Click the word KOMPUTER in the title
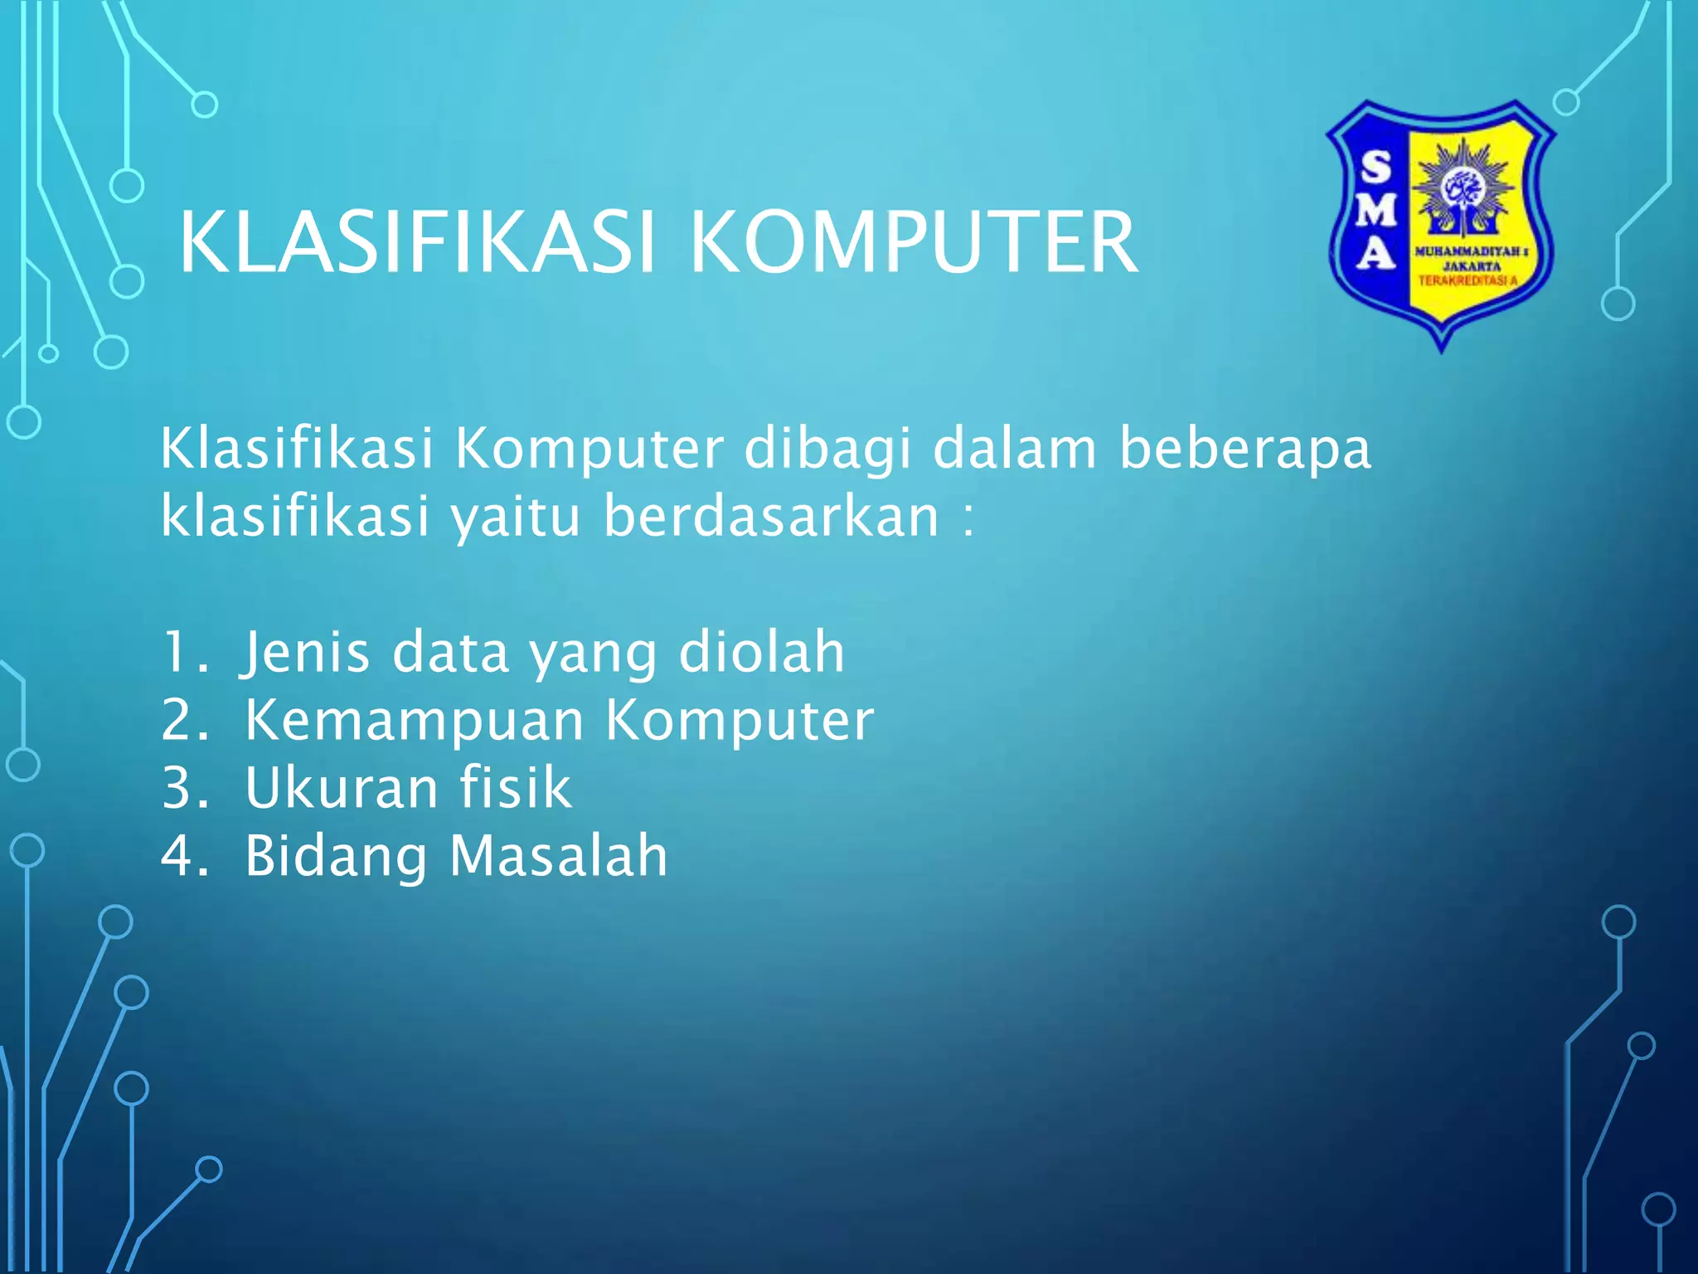[914, 242]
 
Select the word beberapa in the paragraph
[1245, 450]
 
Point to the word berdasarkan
[771, 517]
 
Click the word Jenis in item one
[305, 653]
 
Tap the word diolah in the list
[761, 652]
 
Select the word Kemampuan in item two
[415, 721]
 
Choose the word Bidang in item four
[336, 857]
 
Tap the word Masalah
[558, 856]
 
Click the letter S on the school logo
[1376, 168]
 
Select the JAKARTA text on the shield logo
[1472, 266]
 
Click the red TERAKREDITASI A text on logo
[1468, 281]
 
